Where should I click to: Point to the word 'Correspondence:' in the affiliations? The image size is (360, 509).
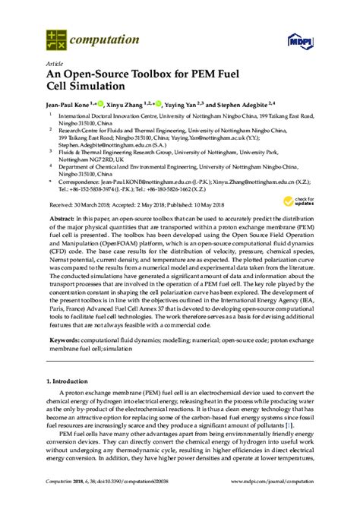pos(84,183)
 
